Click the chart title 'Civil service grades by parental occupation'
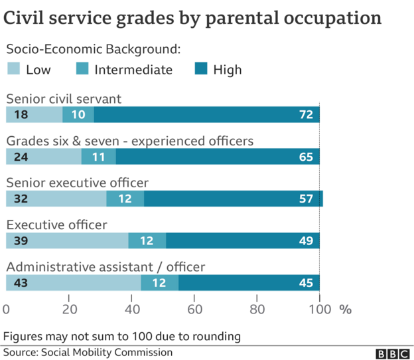[193, 19]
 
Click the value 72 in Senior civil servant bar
[305, 115]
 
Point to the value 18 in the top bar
[21, 115]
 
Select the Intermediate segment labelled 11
[98, 157]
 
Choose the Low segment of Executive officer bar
[67, 240]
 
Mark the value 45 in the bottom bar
[305, 283]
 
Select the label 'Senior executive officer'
[77, 183]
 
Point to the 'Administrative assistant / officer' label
[105, 267]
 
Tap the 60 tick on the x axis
[194, 309]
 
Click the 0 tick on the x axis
[7, 309]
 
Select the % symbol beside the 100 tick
[345, 309]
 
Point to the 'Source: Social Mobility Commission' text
[88, 352]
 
